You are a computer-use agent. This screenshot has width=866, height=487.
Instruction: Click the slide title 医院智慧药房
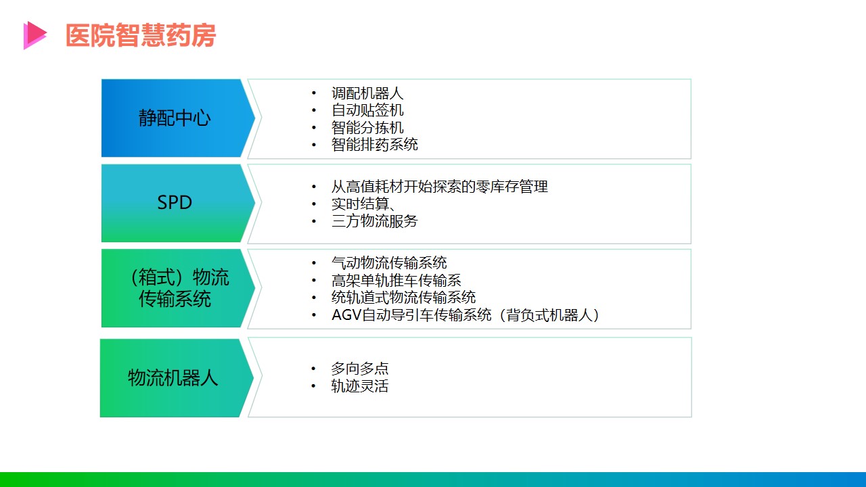pyautogui.click(x=140, y=35)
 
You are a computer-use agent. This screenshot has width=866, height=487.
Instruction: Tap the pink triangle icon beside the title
pyautogui.click(x=35, y=35)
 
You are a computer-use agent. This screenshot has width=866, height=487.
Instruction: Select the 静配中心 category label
pyautogui.click(x=175, y=118)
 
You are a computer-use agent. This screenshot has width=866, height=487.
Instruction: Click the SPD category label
pyautogui.click(x=175, y=202)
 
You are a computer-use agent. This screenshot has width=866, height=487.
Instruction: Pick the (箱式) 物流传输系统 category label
pyautogui.click(x=178, y=288)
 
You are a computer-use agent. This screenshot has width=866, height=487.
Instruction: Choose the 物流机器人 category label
pyautogui.click(x=173, y=377)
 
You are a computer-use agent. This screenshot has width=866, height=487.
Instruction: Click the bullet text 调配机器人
pyautogui.click(x=367, y=93)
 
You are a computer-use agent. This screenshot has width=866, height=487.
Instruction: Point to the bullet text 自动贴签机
pyautogui.click(x=367, y=110)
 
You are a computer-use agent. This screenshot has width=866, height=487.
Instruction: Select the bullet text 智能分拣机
pyautogui.click(x=367, y=128)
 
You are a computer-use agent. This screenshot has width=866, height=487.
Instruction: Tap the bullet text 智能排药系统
pyautogui.click(x=375, y=145)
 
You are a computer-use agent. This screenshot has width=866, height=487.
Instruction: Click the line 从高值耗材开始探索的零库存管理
pyautogui.click(x=440, y=187)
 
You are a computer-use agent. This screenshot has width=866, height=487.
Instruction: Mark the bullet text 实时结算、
pyautogui.click(x=363, y=204)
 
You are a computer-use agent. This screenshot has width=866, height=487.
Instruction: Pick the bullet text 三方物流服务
pyautogui.click(x=375, y=221)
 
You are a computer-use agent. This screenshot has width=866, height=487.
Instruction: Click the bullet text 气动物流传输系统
pyautogui.click(x=389, y=263)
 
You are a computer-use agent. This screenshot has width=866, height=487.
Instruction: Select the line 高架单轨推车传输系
pyautogui.click(x=396, y=280)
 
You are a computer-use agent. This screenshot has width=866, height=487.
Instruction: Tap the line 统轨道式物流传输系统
pyautogui.click(x=404, y=297)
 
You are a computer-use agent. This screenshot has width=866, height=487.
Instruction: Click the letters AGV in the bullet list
pyautogui.click(x=346, y=315)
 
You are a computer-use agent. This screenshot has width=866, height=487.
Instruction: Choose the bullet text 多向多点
pyautogui.click(x=360, y=369)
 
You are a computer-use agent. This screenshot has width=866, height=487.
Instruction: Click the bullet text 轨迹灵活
pyautogui.click(x=360, y=386)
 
